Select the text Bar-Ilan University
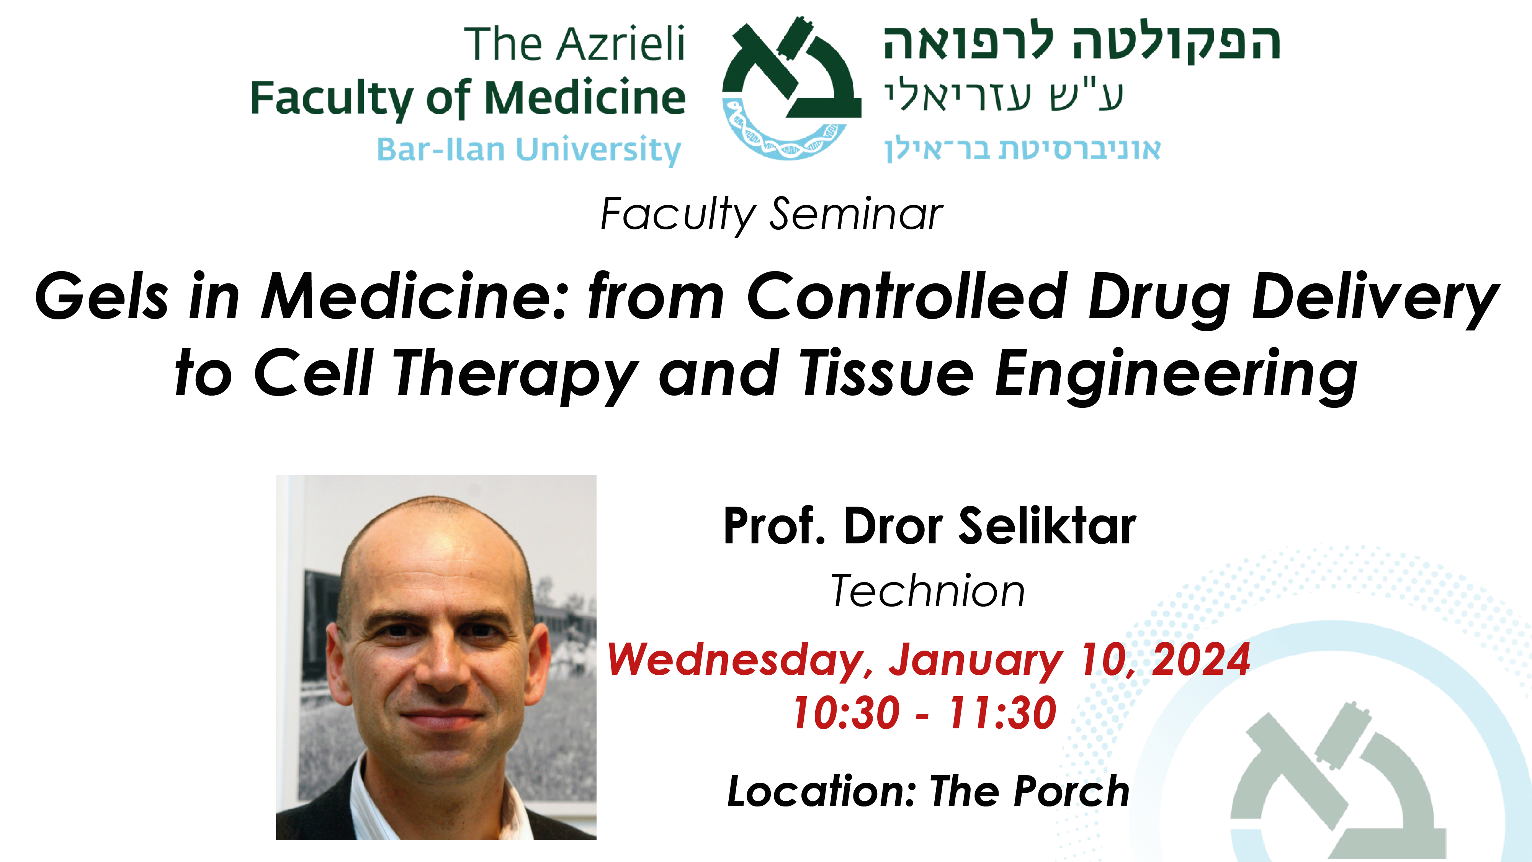click(x=529, y=150)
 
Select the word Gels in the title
click(x=102, y=296)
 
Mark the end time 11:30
click(x=1003, y=712)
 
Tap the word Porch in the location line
click(x=1072, y=791)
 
